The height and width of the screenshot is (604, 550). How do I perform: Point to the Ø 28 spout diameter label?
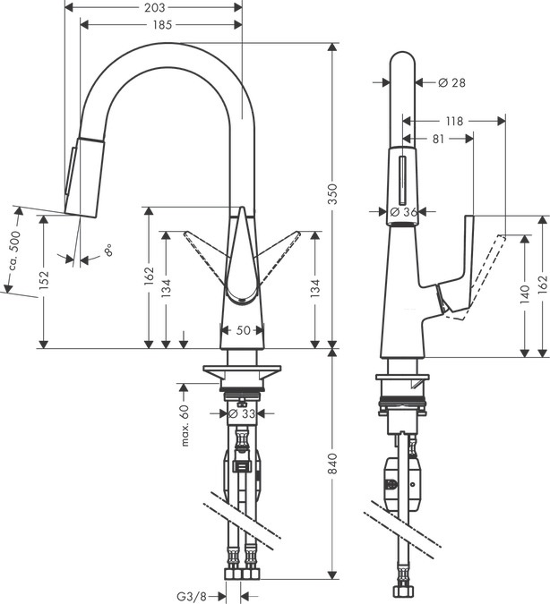pos(452,82)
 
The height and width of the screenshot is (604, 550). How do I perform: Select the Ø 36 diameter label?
pos(405,212)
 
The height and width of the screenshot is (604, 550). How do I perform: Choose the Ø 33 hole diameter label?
pos(243,413)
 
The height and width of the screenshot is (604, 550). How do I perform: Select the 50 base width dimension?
pos(242,330)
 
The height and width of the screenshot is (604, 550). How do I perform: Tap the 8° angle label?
pos(107,251)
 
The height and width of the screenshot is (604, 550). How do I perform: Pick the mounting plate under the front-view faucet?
pos(242,369)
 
